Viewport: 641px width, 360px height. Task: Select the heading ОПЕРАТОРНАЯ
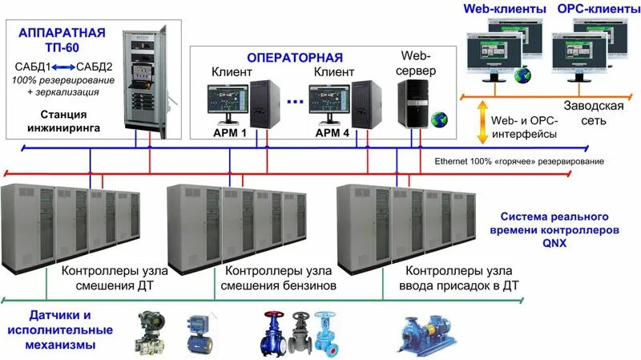pyautogui.click(x=294, y=58)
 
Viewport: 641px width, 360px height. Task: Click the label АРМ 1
pyautogui.click(x=230, y=133)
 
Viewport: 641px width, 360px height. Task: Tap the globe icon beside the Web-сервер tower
pyautogui.click(x=438, y=120)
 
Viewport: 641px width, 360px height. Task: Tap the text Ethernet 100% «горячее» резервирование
pyautogui.click(x=518, y=161)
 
